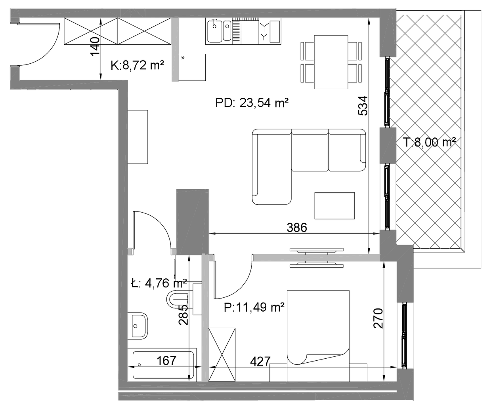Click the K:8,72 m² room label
click(137, 65)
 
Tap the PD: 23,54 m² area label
click(252, 103)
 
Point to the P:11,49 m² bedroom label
click(254, 307)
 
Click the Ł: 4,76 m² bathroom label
click(159, 283)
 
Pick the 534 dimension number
click(362, 106)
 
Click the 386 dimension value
click(297, 227)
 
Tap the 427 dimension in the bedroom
click(260, 361)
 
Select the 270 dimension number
click(378, 318)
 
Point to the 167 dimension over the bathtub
click(166, 361)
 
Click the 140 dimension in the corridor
click(95, 46)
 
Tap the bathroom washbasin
click(138, 326)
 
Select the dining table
click(331, 62)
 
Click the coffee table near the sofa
click(334, 206)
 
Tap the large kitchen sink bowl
click(214, 31)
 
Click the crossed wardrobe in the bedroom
click(222, 355)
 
